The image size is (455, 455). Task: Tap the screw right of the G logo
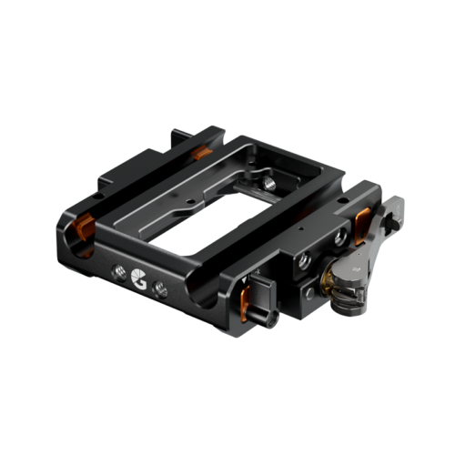(161, 288)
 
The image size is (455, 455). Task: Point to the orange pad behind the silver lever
(362, 218)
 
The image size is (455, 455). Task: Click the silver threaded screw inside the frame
(268, 182)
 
